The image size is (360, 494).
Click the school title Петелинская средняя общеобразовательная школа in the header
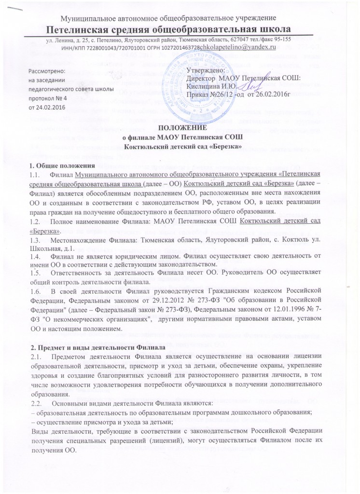pyautogui.click(x=180, y=28)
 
